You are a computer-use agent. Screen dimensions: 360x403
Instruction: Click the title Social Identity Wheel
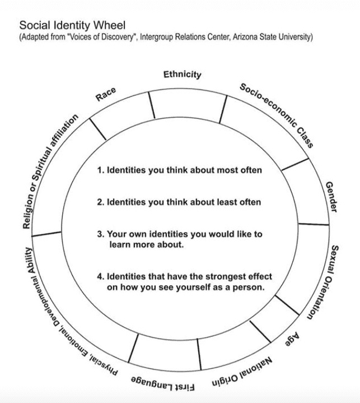click(x=72, y=25)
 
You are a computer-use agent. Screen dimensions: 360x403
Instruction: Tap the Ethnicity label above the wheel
click(x=183, y=75)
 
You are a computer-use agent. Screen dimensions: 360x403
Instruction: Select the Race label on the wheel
click(x=105, y=94)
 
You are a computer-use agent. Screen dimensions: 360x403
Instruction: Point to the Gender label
click(x=331, y=197)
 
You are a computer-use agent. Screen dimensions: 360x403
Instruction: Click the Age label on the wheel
click(x=292, y=339)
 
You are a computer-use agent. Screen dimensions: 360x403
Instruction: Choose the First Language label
click(x=163, y=384)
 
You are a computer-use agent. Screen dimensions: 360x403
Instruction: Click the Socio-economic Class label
click(x=277, y=115)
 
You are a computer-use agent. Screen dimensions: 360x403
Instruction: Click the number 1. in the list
click(x=101, y=170)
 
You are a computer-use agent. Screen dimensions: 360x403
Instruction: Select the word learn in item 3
click(x=120, y=244)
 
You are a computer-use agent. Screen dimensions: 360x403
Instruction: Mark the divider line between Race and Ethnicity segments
click(x=152, y=105)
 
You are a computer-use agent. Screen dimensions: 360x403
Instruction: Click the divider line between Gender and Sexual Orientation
click(x=314, y=224)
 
